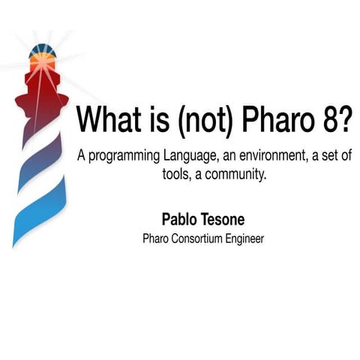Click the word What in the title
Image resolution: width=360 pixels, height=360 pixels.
coord(111,120)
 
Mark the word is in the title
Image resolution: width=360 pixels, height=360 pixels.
coord(155,120)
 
